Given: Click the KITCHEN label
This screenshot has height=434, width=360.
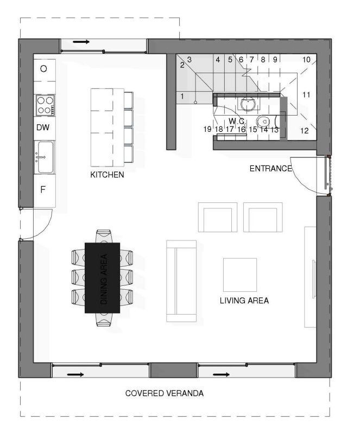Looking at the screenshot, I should pyautogui.click(x=107, y=175).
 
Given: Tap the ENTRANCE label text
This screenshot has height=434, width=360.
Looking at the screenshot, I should pyautogui.click(x=270, y=169).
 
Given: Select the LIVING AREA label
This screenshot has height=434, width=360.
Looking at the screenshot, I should pyautogui.click(x=244, y=300).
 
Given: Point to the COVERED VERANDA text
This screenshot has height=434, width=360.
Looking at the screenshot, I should pyautogui.click(x=165, y=393).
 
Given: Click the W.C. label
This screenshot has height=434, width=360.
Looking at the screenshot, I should pyautogui.click(x=237, y=120).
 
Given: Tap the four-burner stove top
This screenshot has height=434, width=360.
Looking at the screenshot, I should pyautogui.click(x=45, y=104).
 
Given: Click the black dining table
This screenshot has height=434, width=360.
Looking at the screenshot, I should pyautogui.click(x=102, y=277).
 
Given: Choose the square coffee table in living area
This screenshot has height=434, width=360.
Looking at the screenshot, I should pyautogui.click(x=239, y=274).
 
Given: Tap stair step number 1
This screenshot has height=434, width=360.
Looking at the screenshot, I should pyautogui.click(x=182, y=97).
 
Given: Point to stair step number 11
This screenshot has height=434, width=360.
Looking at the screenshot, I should pyautogui.click(x=306, y=95).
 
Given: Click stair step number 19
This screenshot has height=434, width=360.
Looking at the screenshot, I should pyautogui.click(x=207, y=129).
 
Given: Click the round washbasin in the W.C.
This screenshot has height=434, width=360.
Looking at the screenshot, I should pyautogui.click(x=248, y=103).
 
